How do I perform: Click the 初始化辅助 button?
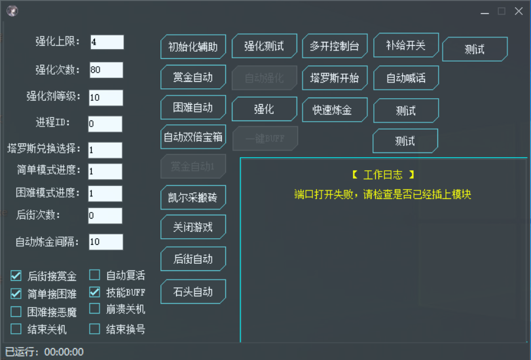coord(193,47)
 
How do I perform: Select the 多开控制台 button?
coord(335,46)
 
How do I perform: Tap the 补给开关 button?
coord(406,46)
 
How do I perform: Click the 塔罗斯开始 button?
coord(335,77)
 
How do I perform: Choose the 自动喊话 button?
coord(406,78)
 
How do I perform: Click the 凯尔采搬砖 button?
coord(193,196)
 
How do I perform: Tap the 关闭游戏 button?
coord(193,228)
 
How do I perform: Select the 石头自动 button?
coord(193,292)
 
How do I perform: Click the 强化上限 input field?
coord(107,42)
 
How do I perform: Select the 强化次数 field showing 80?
coord(105,70)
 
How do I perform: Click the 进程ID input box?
coord(105,124)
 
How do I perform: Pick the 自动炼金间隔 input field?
coord(105,242)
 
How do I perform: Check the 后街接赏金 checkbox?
coord(16,276)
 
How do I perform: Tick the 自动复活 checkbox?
coord(95,276)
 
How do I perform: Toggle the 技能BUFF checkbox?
coord(95,293)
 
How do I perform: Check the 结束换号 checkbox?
coord(95,329)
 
